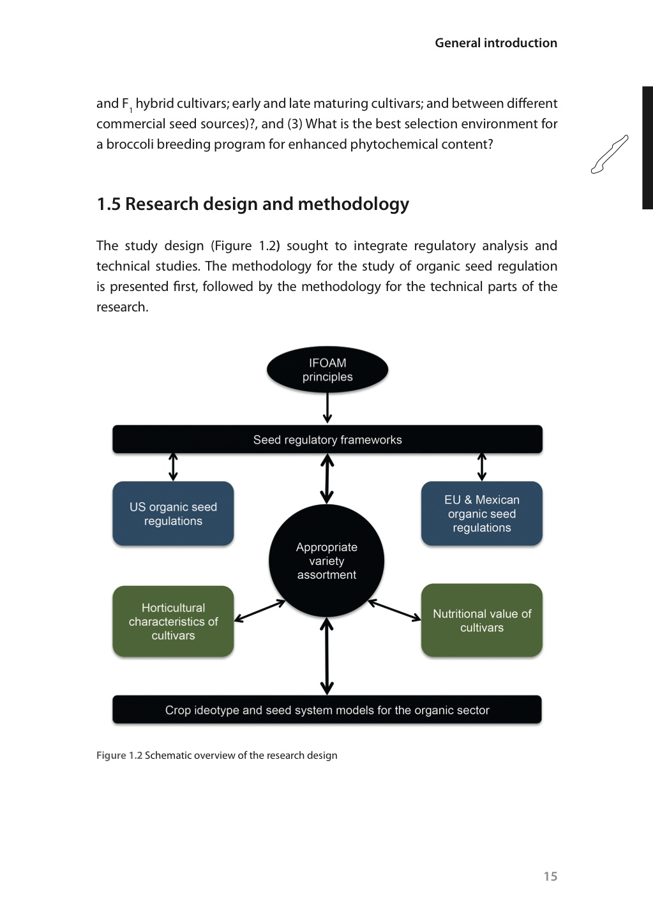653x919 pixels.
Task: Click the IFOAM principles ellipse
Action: click(x=327, y=370)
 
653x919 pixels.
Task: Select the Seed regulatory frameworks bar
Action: click(x=327, y=440)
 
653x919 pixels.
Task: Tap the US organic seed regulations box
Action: click(x=173, y=514)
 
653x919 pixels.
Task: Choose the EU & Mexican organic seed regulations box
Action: click(x=481, y=514)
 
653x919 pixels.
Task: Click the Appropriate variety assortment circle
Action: click(x=326, y=561)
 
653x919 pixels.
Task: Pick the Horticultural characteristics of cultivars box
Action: click(x=173, y=622)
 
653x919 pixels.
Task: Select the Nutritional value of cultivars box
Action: click(x=481, y=620)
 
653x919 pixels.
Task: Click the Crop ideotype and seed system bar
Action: click(x=327, y=710)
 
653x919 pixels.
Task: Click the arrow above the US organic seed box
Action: click(x=173, y=467)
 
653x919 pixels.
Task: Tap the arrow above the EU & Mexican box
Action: click(x=482, y=467)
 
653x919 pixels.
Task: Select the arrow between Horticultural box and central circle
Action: click(x=260, y=611)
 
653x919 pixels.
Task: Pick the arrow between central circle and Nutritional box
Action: click(x=394, y=610)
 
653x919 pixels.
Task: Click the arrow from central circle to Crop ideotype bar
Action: click(x=327, y=656)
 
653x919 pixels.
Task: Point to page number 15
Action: click(x=550, y=876)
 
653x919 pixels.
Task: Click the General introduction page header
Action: click(x=496, y=43)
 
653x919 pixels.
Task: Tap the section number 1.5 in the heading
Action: click(x=109, y=204)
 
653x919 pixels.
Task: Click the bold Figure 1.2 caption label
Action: click(x=119, y=755)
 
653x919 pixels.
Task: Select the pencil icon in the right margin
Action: click(x=610, y=154)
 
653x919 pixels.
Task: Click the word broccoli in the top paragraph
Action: click(x=130, y=144)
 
